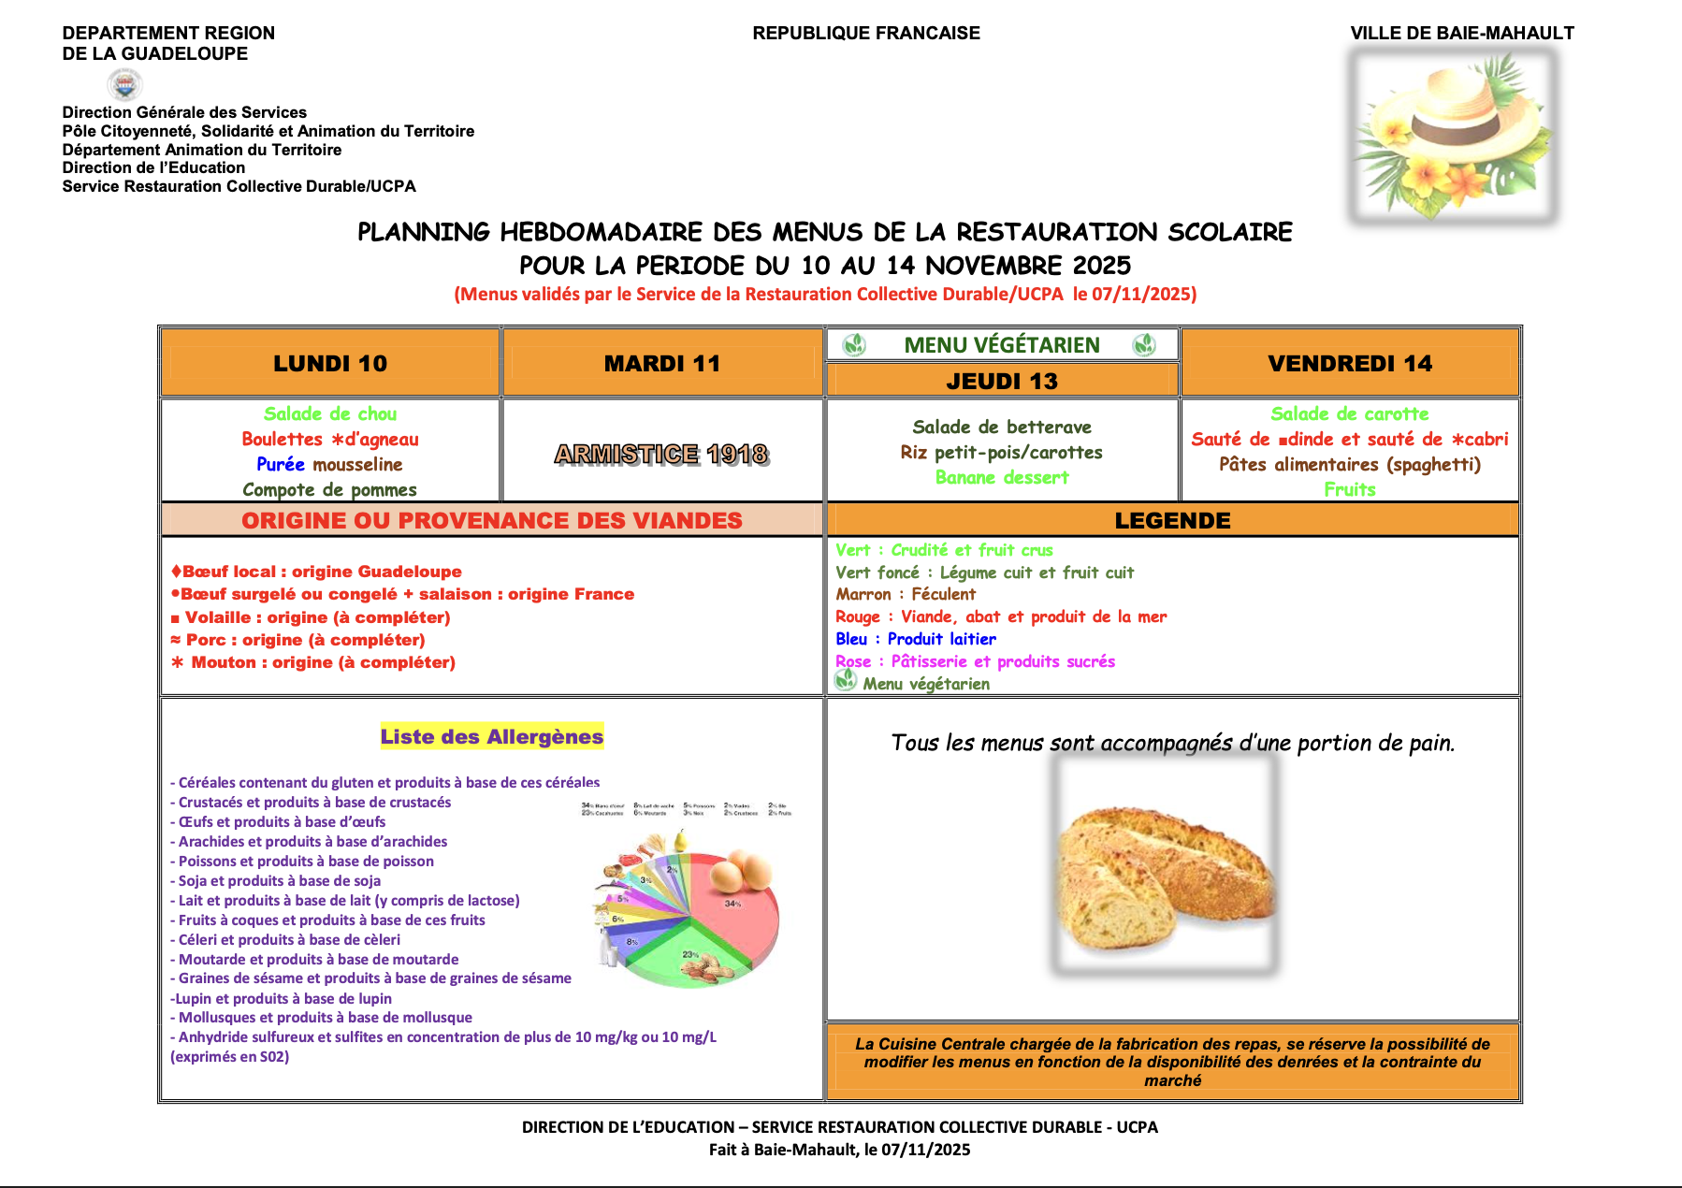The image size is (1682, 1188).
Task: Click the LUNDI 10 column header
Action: tap(330, 363)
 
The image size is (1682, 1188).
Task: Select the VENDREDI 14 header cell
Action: tap(1350, 363)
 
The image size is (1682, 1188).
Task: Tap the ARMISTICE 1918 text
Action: tap(661, 454)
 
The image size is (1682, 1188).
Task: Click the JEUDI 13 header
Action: tap(1002, 381)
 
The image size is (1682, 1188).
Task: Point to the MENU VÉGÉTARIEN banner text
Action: tap(1002, 345)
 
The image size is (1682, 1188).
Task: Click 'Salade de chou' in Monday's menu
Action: tap(330, 413)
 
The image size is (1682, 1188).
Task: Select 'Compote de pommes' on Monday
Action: tap(330, 489)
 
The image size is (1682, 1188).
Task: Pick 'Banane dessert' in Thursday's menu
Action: tap(1002, 477)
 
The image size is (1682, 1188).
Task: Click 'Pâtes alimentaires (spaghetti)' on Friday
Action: tap(1350, 464)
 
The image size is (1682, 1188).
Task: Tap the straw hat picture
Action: tap(1452, 136)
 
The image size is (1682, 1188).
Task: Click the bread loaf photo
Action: tap(1165, 865)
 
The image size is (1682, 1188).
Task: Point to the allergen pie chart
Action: tap(689, 912)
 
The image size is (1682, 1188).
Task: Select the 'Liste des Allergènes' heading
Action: tap(492, 736)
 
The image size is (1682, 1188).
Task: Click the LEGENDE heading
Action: tap(1172, 520)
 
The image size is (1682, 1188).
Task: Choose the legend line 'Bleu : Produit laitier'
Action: tap(916, 639)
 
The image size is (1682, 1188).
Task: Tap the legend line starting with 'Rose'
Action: tap(975, 661)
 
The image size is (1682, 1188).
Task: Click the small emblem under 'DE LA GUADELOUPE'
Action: tap(124, 85)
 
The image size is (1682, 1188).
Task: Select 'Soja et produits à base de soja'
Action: tap(279, 880)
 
